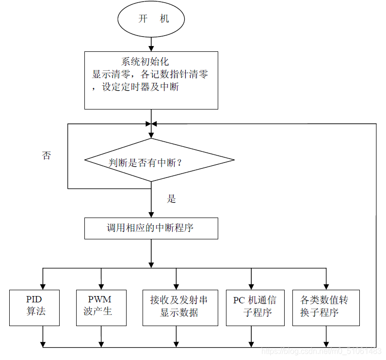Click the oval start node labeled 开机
151,19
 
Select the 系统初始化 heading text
145,62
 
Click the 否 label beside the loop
46,156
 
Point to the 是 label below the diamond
171,199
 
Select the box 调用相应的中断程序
151,228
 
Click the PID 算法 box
35,307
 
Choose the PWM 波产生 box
101,307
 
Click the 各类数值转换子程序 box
326,307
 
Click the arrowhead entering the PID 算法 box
43,286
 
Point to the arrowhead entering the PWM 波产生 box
101,286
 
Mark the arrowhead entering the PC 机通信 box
251,286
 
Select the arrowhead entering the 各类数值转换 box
326,286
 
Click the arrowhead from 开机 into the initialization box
151,47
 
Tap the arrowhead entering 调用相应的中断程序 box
151,214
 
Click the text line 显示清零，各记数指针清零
150,75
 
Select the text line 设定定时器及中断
140,88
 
